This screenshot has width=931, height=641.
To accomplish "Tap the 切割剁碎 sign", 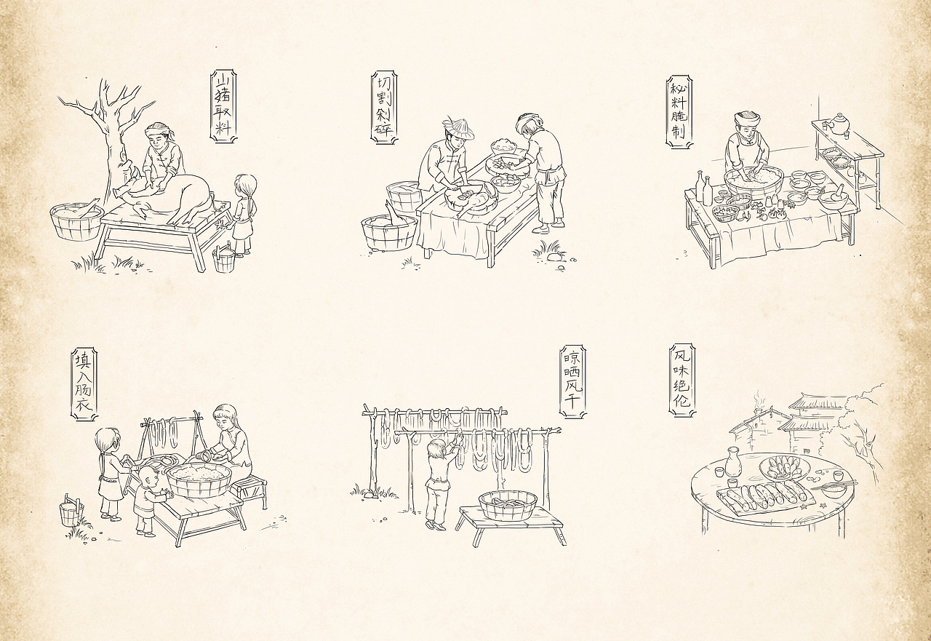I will tap(383, 107).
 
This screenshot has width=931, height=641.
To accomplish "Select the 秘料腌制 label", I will tap(679, 111).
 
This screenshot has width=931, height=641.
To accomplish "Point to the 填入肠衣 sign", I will tap(84, 383).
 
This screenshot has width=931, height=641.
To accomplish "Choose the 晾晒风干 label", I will tap(572, 381).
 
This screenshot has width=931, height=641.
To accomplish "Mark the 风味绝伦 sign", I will tap(682, 381).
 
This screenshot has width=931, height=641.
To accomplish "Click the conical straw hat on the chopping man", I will tap(458, 129).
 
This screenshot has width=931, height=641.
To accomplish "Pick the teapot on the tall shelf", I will tap(839, 124).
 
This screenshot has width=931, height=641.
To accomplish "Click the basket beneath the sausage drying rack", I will tap(508, 505).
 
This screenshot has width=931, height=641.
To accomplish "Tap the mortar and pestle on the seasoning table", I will tap(834, 196).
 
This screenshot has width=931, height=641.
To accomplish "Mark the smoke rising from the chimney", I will tap(760, 400).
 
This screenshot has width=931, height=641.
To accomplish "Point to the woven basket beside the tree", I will tap(76, 221).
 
